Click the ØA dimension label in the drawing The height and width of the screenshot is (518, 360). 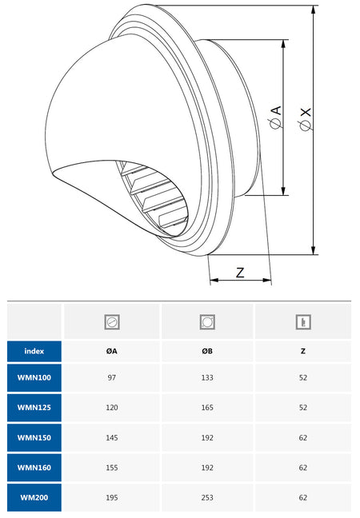point(276,117)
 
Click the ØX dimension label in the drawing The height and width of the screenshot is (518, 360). point(306,119)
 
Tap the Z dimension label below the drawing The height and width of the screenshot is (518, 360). point(240,273)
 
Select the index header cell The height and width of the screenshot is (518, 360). point(34,351)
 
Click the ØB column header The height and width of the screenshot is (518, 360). point(207,351)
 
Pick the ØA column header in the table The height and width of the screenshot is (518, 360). point(112,351)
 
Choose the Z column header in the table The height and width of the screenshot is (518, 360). point(303,351)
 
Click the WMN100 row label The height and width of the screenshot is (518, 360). point(34,377)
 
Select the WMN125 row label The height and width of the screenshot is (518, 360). point(34,408)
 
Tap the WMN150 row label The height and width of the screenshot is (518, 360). point(34,438)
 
